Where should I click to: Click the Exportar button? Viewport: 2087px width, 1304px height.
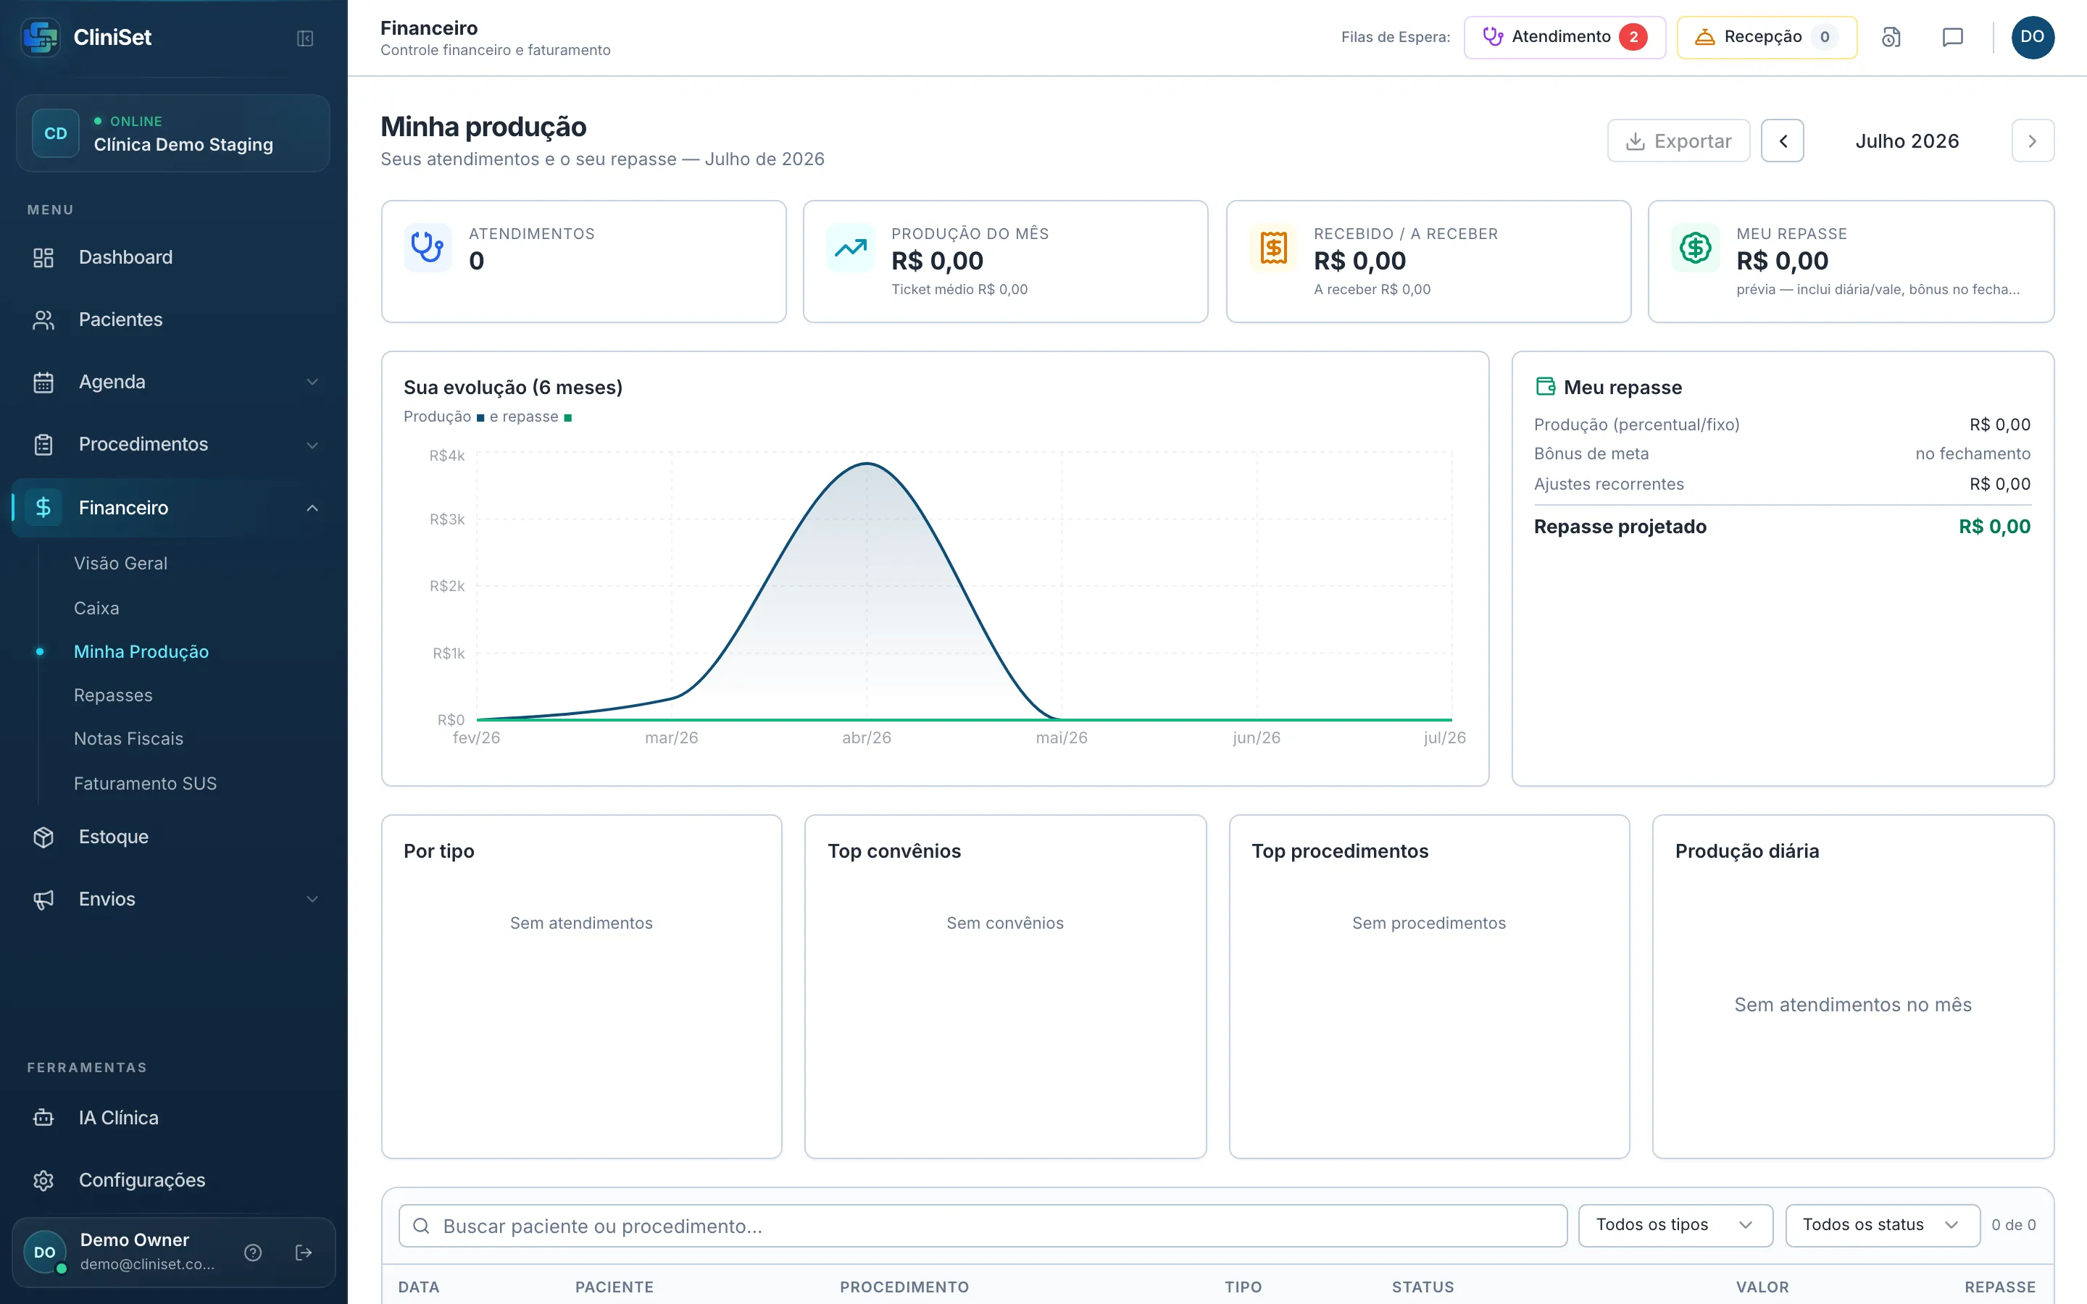pos(1678,141)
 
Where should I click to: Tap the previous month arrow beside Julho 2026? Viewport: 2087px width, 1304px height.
pos(1783,141)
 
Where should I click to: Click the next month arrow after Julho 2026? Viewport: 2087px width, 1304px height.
pos(2033,141)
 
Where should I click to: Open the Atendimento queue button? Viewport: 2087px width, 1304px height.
pos(1565,37)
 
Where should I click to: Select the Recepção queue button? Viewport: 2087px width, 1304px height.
pos(1766,37)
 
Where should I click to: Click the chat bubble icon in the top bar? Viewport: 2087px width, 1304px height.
pos(1952,37)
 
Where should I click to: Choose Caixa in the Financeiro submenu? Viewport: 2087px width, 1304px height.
pos(96,608)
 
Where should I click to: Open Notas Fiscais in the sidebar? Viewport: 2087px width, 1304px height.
pos(128,738)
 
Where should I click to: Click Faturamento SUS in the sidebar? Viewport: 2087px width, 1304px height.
pos(145,783)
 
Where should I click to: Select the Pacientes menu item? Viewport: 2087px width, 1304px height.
pos(121,319)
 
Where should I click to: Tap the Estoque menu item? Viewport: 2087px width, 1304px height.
pos(114,837)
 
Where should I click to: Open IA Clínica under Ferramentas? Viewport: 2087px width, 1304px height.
pos(119,1118)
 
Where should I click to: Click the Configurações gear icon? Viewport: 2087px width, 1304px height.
pos(43,1180)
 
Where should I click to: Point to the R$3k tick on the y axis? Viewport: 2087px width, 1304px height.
pos(446,519)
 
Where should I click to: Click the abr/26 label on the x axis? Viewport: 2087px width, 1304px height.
pos(867,737)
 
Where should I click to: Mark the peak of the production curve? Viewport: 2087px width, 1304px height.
pos(867,464)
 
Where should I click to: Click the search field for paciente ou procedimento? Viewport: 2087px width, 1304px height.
pos(983,1226)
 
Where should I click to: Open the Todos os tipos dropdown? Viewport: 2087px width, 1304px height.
pos(1675,1226)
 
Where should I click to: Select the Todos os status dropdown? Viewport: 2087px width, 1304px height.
pos(1882,1226)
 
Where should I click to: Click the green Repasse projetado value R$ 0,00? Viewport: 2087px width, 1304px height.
pos(1994,526)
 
